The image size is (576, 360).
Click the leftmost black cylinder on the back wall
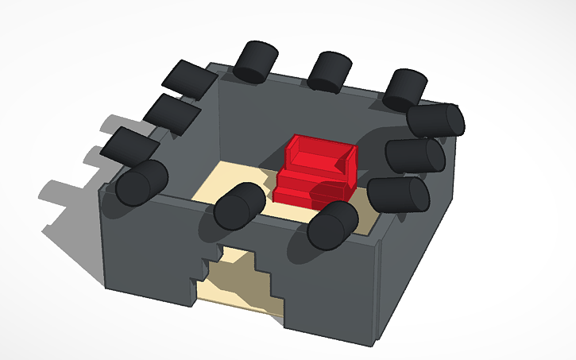(x=256, y=61)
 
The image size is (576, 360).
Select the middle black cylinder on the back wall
(x=329, y=71)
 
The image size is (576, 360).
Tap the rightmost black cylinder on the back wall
(x=405, y=89)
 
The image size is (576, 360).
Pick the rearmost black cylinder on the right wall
(x=435, y=120)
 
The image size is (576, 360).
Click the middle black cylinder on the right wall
(x=414, y=154)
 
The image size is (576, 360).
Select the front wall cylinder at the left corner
(x=142, y=183)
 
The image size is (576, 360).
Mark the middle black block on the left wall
(x=172, y=113)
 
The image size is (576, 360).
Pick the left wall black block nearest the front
(x=130, y=144)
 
